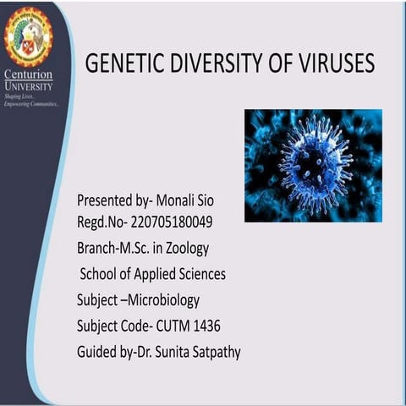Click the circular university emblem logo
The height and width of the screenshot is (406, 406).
point(28,36)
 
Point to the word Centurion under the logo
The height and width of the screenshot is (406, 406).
point(29,76)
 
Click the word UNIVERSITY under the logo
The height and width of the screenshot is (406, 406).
point(29,86)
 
